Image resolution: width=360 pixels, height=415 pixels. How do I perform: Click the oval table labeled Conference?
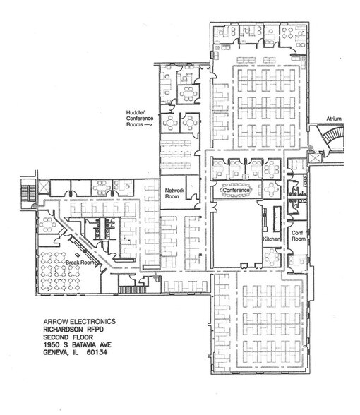236,191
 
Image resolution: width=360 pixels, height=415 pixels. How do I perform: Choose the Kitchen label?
272,240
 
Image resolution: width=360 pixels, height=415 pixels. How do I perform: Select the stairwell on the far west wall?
28,191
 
